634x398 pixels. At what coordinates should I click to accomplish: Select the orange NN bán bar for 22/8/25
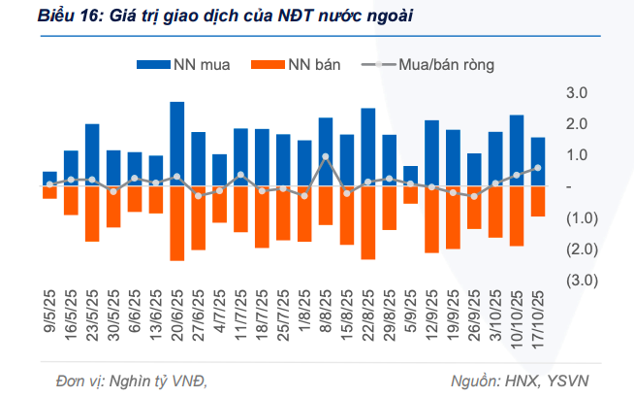368,223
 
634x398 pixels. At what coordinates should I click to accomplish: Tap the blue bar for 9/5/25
49,179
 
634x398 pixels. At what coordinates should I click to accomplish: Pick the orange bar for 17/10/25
538,202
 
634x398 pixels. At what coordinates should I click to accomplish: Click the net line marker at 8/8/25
326,156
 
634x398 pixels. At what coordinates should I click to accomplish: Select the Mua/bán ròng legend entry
428,65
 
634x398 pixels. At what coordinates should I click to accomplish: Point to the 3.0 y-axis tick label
578,93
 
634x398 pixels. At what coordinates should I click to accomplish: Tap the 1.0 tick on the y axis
578,155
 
